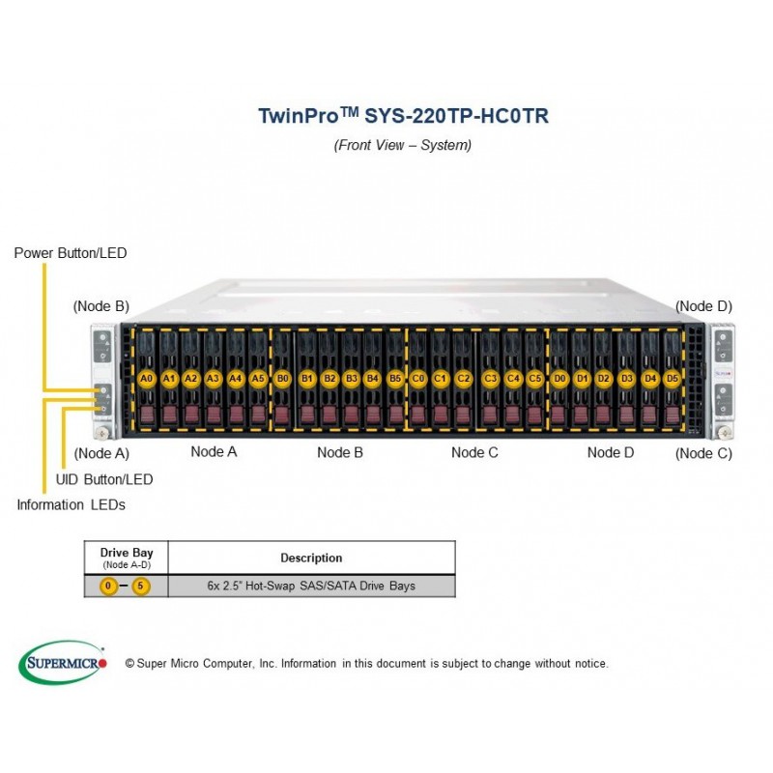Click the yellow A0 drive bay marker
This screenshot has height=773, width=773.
pos(147,379)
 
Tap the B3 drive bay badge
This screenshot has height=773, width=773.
pos(352,379)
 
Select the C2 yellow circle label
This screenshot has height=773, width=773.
pos(464,379)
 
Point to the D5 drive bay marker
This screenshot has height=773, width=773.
pos(673,379)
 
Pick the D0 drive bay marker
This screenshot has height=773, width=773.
pos(559,379)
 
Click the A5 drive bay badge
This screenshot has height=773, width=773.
pos(258,379)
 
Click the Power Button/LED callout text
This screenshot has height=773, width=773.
pos(71,253)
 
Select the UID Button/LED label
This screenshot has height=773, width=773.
pos(104,479)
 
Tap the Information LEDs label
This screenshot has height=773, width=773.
pos(71,504)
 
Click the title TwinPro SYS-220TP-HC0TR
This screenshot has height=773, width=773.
pos(403,116)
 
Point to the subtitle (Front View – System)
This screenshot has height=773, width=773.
pos(402,145)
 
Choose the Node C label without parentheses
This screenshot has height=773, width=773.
pos(474,452)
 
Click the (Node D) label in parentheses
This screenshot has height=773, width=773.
pos(703,306)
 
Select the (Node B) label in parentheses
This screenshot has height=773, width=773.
pos(101,306)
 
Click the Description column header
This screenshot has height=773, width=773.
pos(311,558)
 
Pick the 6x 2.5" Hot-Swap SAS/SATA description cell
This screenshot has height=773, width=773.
pos(311,586)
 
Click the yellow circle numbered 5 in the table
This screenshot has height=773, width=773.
pos(140,586)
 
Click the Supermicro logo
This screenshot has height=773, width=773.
pos(62,663)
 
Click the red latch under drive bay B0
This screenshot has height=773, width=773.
pos(282,415)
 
